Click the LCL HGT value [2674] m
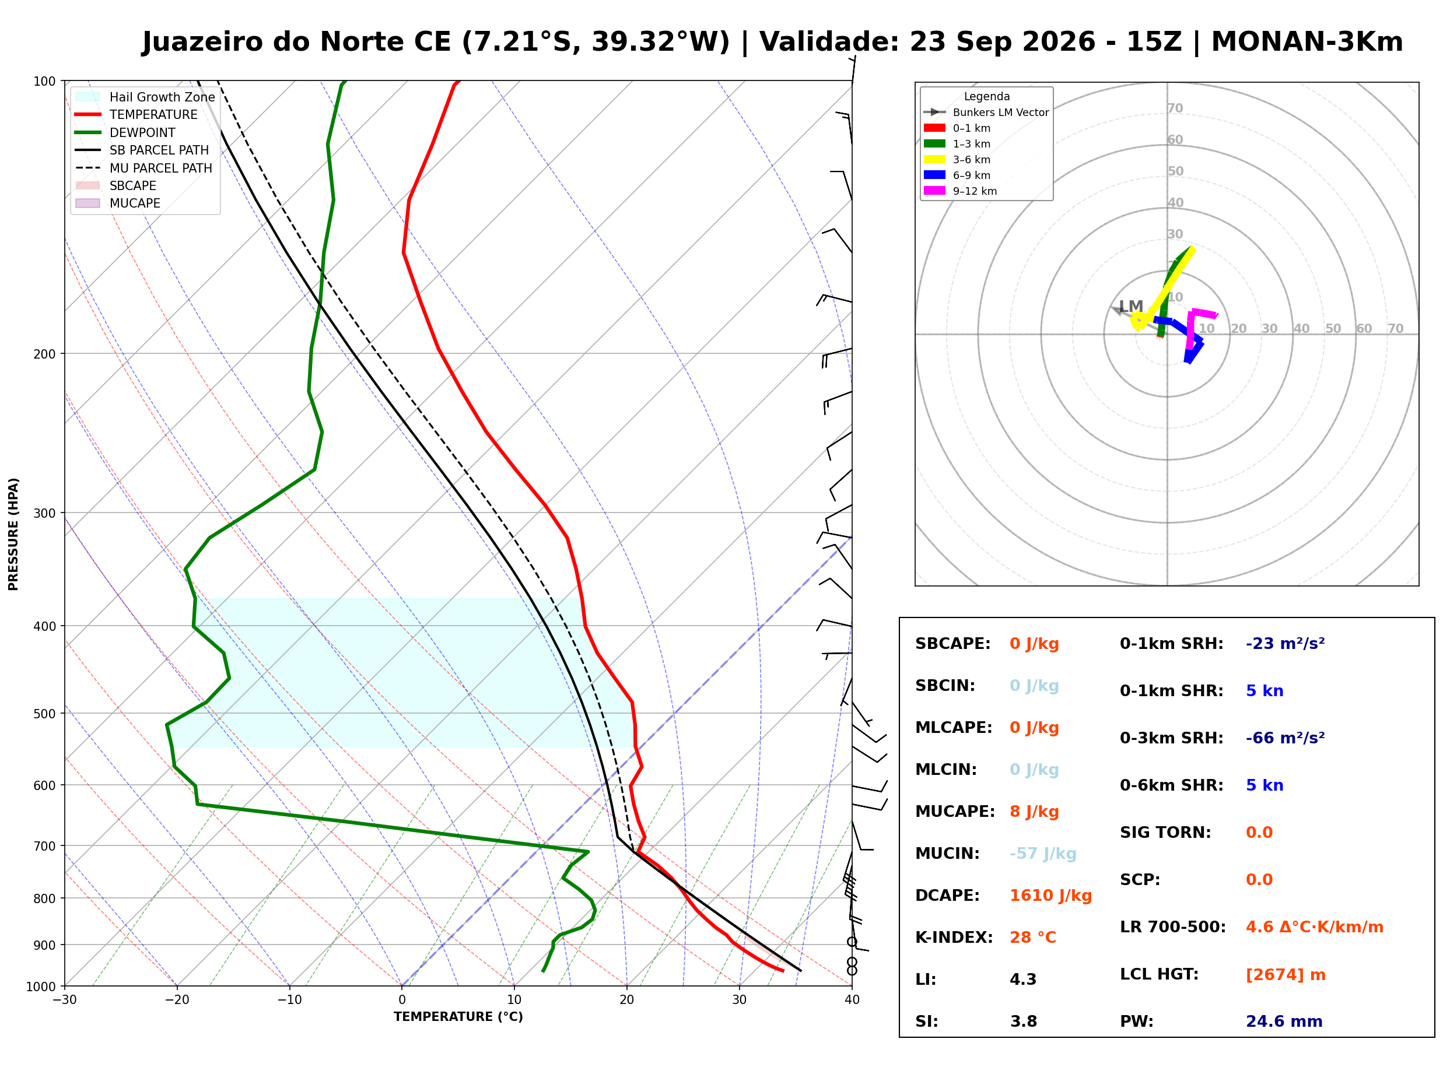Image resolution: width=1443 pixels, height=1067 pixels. click(x=1286, y=975)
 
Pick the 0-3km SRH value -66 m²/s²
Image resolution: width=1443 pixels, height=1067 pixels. click(x=1286, y=738)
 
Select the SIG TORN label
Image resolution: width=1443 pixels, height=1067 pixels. click(x=1165, y=833)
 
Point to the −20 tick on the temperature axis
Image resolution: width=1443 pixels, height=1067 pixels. click(x=176, y=1001)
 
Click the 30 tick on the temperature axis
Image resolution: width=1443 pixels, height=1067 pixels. click(x=740, y=1001)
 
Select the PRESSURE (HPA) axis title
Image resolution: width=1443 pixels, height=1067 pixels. click(x=13, y=534)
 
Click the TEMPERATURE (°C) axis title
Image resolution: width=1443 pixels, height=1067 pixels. click(x=458, y=1017)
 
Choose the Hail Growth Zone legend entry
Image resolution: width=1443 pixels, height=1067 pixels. click(x=145, y=97)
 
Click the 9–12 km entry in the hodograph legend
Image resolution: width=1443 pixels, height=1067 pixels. click(x=961, y=191)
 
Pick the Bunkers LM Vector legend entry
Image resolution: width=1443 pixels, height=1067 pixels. click(x=986, y=113)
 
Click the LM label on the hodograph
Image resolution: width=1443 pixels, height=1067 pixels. click(x=1131, y=306)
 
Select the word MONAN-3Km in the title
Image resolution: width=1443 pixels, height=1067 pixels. click(x=1307, y=42)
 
